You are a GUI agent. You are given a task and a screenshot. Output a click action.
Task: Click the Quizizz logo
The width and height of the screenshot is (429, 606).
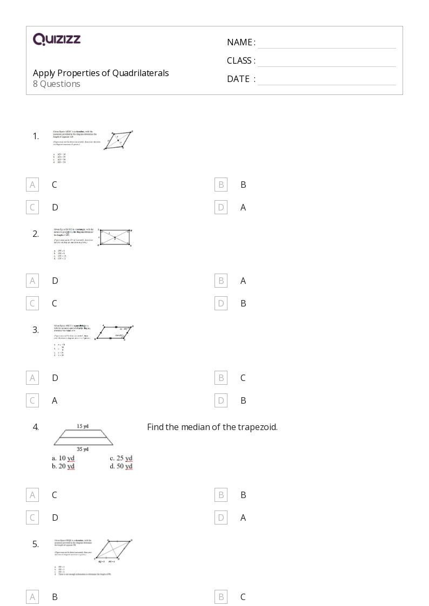click(x=57, y=39)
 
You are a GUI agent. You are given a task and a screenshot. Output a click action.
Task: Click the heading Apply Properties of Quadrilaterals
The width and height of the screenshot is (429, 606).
click(x=100, y=73)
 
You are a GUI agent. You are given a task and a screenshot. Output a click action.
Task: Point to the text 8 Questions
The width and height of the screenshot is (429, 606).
click(x=57, y=84)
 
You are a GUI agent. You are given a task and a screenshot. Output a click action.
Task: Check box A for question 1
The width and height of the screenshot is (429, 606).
click(x=32, y=185)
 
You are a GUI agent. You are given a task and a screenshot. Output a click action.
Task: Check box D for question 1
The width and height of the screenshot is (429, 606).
click(x=221, y=207)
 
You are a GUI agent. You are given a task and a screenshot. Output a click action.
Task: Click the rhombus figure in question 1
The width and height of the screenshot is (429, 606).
click(x=119, y=142)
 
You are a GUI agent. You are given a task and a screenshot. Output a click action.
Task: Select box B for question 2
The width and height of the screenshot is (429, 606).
click(x=221, y=281)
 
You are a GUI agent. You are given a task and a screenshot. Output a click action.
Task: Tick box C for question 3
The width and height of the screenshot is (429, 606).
click(x=32, y=400)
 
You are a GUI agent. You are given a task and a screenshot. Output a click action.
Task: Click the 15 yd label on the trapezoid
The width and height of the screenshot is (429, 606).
click(x=82, y=426)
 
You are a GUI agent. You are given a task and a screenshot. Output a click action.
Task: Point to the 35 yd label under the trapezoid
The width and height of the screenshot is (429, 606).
click(x=82, y=449)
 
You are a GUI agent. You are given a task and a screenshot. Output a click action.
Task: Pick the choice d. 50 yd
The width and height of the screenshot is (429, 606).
click(x=121, y=466)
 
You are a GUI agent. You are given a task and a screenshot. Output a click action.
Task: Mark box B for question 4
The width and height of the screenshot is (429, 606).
click(x=221, y=495)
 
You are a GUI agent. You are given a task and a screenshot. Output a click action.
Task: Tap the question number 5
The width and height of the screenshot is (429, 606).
click(x=36, y=544)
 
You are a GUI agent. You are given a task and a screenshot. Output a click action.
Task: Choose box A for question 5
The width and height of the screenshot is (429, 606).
click(x=32, y=597)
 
